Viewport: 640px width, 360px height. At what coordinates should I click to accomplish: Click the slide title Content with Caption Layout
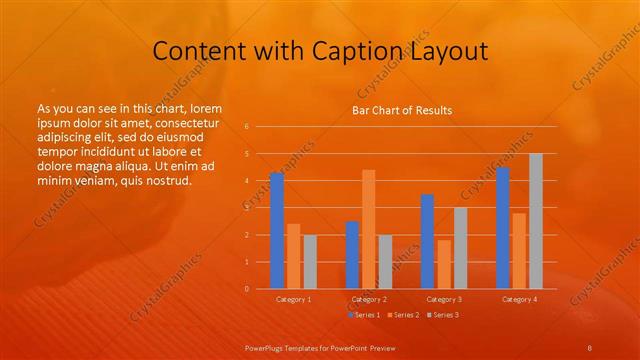tap(320, 50)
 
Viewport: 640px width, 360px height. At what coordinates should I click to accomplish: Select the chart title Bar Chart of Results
tap(401, 110)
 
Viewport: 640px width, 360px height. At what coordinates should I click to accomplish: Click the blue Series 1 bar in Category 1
tap(277, 231)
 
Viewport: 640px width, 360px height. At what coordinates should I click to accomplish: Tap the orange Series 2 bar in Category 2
tap(368, 229)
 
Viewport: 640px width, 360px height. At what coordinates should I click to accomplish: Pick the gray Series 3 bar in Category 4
tap(536, 221)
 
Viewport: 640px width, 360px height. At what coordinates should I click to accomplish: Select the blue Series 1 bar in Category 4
tap(503, 228)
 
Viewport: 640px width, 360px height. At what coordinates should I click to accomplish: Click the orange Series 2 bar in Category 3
tap(443, 264)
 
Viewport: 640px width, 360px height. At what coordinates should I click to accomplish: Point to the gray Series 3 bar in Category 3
tap(460, 248)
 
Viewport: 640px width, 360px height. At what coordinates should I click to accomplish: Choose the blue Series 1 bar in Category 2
tap(352, 255)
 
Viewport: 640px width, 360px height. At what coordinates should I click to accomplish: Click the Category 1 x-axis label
tap(293, 299)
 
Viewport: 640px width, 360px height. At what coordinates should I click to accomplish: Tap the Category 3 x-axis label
tap(443, 299)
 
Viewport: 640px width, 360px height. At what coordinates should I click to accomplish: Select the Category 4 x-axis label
tap(519, 299)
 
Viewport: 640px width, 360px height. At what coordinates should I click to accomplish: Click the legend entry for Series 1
tap(365, 315)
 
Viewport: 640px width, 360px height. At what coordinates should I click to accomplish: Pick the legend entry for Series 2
tap(403, 315)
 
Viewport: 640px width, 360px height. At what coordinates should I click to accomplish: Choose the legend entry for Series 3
tap(442, 315)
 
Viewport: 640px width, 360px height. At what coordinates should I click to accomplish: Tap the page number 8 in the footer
tap(589, 347)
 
